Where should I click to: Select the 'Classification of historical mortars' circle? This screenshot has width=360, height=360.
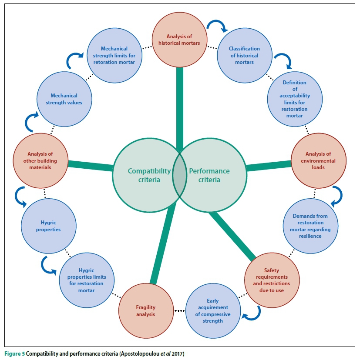(x=244, y=55)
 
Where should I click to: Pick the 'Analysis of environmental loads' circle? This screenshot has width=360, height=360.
(x=318, y=161)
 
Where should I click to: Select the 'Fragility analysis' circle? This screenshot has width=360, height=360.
(x=145, y=310)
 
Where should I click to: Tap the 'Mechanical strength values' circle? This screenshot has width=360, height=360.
(x=64, y=99)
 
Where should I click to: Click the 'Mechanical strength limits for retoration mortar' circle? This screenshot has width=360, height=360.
(x=114, y=55)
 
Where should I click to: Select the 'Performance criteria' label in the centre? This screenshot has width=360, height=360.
(x=209, y=175)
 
